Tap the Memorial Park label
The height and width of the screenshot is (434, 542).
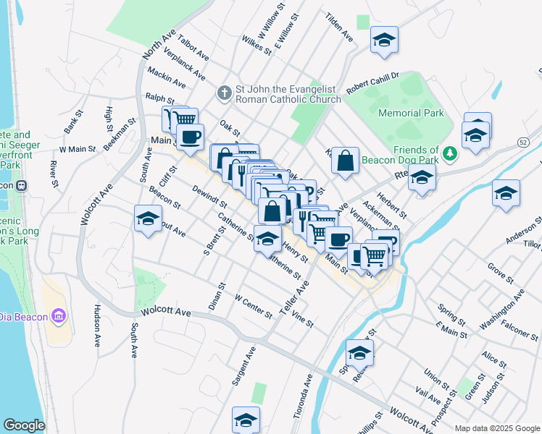(409, 113)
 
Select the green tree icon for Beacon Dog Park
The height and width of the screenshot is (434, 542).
(450, 153)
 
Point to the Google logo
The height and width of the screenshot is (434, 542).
(24, 425)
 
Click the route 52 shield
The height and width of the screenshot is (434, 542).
(523, 142)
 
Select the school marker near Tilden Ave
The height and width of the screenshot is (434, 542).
(384, 41)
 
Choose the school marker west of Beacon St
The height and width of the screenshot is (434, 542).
(148, 219)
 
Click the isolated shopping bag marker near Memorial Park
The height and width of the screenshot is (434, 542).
(346, 161)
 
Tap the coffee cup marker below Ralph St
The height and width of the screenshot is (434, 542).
(190, 137)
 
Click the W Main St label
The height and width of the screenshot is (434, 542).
(78, 149)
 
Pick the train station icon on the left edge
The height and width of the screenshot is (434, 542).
(22, 184)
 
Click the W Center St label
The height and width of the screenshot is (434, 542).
(254, 305)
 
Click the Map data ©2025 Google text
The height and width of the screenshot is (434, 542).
(497, 427)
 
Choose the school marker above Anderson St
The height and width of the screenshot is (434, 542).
(506, 194)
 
